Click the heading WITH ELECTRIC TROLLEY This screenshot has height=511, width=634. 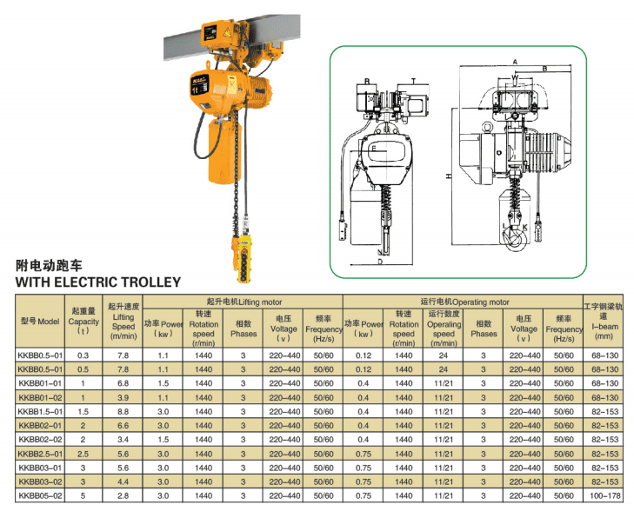pos(98,282)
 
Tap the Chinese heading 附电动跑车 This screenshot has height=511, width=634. pos(49,265)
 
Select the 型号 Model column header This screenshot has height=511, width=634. pos(40,322)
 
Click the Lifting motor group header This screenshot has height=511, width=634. pos(244,302)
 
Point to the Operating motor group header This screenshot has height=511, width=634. pos(464,302)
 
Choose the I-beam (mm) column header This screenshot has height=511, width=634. pos(604,322)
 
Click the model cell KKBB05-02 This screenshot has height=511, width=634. pos(40,495)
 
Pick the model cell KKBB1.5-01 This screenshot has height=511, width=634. pos(40,412)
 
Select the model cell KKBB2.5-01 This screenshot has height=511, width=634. pos(40,454)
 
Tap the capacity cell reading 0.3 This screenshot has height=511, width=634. pos(83,355)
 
